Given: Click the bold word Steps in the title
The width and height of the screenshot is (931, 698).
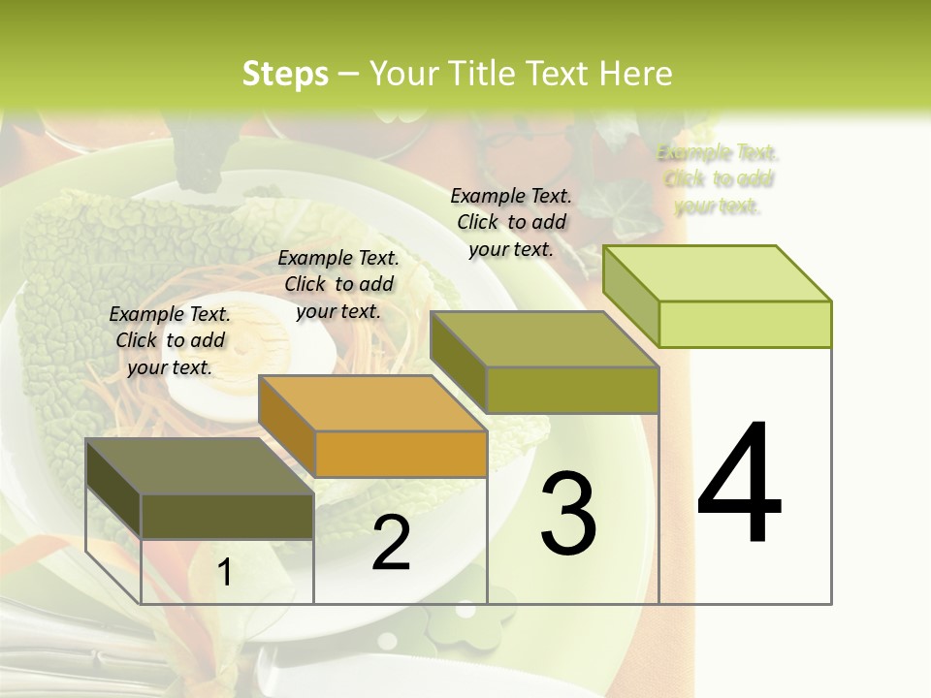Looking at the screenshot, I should pyautogui.click(x=285, y=74).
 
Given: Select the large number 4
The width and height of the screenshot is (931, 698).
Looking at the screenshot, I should pyautogui.click(x=739, y=485).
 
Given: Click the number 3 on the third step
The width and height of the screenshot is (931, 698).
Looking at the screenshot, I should pyautogui.click(x=568, y=514).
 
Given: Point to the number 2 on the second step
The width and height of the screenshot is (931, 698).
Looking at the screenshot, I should pyautogui.click(x=391, y=544).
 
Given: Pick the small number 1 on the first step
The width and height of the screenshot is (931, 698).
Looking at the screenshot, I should pyautogui.click(x=224, y=573).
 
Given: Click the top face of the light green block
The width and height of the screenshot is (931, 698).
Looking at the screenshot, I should pyautogui.click(x=718, y=273).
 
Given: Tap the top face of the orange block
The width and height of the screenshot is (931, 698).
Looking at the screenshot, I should pyautogui.click(x=372, y=403).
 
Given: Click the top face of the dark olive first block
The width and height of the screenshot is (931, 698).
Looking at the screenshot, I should pyautogui.click(x=200, y=466).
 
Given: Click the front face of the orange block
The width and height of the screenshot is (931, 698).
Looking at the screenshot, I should pyautogui.click(x=401, y=454).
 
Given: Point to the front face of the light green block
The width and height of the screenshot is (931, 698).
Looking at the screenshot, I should pyautogui.click(x=745, y=324).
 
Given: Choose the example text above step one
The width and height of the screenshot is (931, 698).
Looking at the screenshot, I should pyautogui.click(x=170, y=340).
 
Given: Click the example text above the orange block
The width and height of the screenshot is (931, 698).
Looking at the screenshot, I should pyautogui.click(x=338, y=284).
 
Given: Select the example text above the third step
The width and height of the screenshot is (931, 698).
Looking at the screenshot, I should pyautogui.click(x=511, y=222).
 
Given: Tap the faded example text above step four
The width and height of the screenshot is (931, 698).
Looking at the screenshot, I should pyautogui.click(x=718, y=179).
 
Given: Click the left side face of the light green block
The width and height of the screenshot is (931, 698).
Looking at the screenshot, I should pyautogui.click(x=631, y=296).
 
